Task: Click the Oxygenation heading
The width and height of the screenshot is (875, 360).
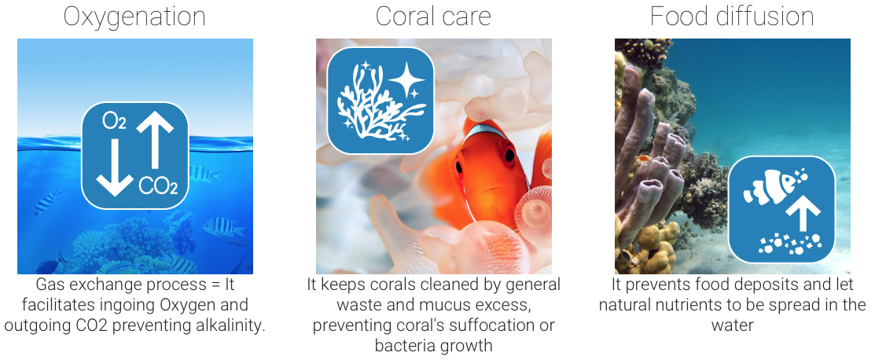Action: tap(134, 17)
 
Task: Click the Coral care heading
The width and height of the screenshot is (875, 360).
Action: tap(433, 17)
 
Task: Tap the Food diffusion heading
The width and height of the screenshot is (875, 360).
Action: tap(732, 17)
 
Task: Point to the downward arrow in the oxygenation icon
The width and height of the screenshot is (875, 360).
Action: tap(115, 167)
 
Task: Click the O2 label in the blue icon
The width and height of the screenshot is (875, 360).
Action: tap(114, 121)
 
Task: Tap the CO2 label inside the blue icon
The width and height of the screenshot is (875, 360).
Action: tap(158, 186)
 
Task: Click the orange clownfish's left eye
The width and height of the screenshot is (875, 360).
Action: tap(459, 166)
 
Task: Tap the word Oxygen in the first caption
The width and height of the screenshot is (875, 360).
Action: tap(186, 305)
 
